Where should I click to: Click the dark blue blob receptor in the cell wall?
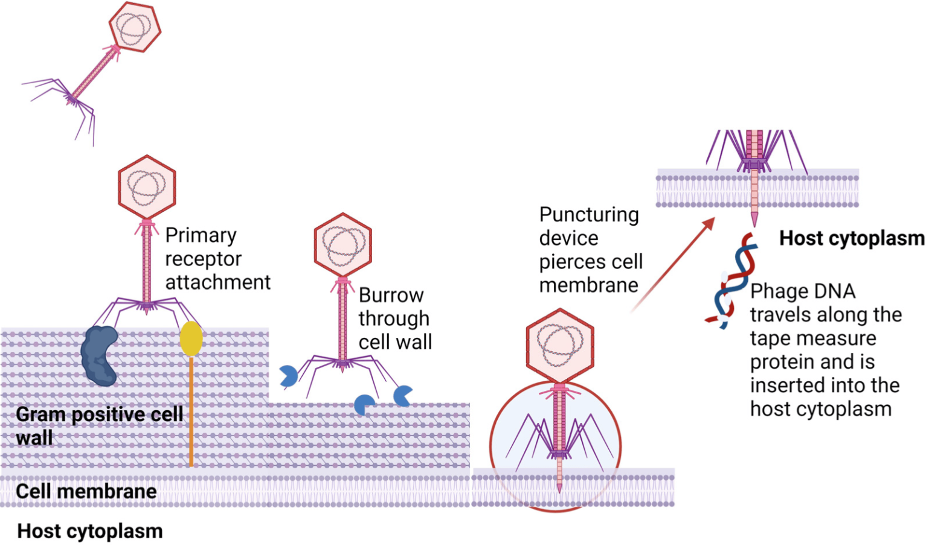pyautogui.click(x=100, y=355)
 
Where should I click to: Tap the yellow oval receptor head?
pyautogui.click(x=191, y=338)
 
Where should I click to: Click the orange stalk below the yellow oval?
pyautogui.click(x=191, y=411)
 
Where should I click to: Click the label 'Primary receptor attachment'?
pyautogui.click(x=217, y=259)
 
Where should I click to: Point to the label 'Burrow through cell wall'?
pyautogui.click(x=395, y=319)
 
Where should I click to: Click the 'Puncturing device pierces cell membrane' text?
pyautogui.click(x=591, y=250)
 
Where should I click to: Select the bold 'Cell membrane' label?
pyautogui.click(x=86, y=492)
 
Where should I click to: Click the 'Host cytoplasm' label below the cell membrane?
pyautogui.click(x=90, y=532)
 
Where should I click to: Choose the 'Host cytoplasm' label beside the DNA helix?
pyautogui.click(x=852, y=238)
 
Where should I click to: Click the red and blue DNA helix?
pyautogui.click(x=731, y=281)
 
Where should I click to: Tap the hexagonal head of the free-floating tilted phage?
pyautogui.click(x=135, y=27)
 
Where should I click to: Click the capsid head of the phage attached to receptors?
pyautogui.click(x=147, y=187)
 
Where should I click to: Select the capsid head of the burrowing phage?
pyautogui.click(x=342, y=245)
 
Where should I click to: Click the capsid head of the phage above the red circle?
pyautogui.click(x=560, y=346)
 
